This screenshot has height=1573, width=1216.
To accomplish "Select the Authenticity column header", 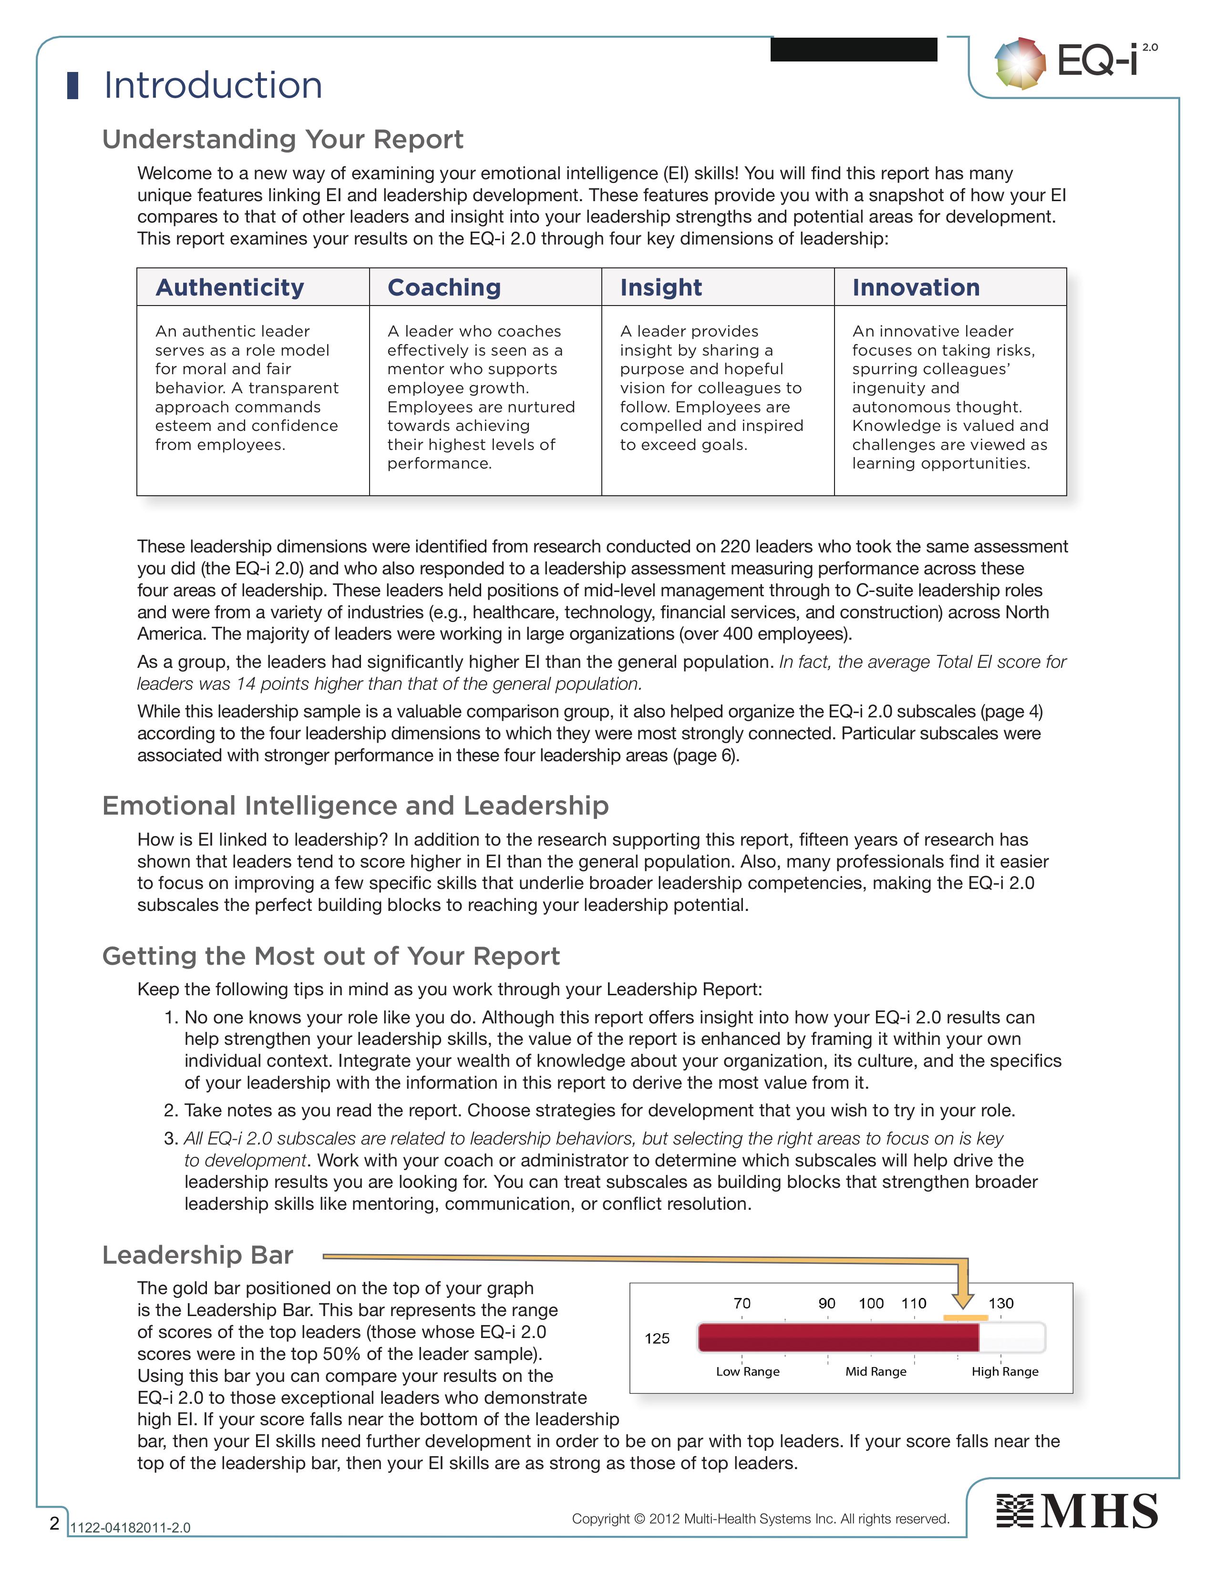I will click(x=230, y=287).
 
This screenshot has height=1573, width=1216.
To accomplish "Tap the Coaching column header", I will click(x=444, y=287).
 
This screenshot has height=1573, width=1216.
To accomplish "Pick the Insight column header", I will click(x=660, y=287).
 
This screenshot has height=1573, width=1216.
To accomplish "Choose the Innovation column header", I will click(x=916, y=287).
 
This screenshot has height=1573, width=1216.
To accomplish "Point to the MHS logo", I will click(x=1077, y=1511).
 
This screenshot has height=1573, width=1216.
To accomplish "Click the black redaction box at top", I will click(x=854, y=50).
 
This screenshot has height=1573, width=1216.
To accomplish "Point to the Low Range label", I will click(x=748, y=1371).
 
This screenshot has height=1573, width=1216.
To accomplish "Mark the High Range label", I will click(x=1005, y=1371).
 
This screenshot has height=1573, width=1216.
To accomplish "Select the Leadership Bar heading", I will click(x=197, y=1255).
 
